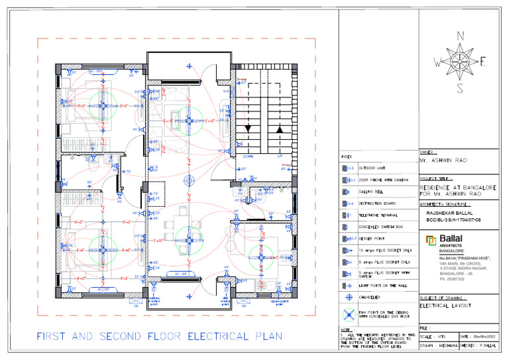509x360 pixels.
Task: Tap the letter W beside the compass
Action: click(x=437, y=63)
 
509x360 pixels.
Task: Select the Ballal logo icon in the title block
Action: click(x=430, y=239)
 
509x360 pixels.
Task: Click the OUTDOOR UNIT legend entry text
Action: click(x=373, y=168)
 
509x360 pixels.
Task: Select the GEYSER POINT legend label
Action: click(x=372, y=238)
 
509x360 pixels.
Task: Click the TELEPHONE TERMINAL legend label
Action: click(x=378, y=215)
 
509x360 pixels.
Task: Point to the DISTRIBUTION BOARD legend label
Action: click(x=378, y=204)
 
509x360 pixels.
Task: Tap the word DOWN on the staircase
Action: click(x=248, y=157)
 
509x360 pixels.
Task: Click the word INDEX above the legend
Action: click(x=347, y=156)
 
